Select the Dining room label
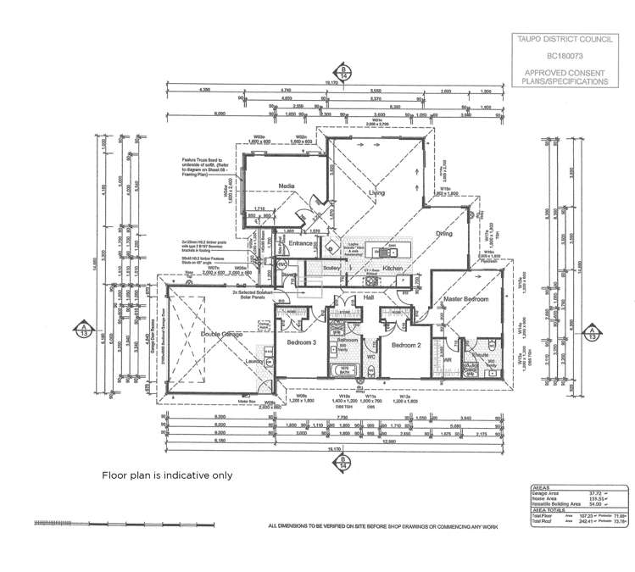point(444,233)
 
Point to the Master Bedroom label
point(464,300)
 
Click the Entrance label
point(300,244)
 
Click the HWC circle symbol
point(281,264)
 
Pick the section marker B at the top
point(343,70)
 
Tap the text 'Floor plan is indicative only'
point(167,475)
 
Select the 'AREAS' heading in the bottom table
point(539,488)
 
